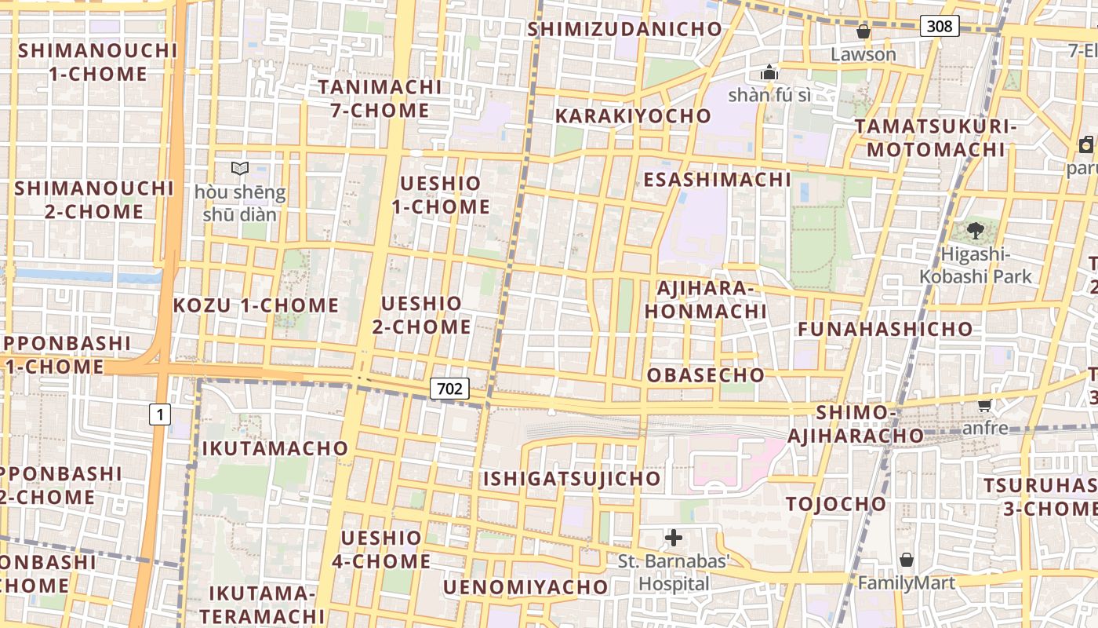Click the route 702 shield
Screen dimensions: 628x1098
449,388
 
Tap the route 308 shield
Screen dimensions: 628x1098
940,27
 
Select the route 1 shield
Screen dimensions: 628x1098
160,414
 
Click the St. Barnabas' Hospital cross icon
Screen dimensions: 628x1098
674,538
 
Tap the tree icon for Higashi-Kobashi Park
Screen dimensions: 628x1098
976,230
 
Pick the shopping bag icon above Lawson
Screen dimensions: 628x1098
863,31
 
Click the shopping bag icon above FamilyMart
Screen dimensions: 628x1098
907,560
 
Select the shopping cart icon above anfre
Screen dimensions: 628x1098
985,405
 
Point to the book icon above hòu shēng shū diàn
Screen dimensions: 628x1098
240,168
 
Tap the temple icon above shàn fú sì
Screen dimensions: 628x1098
769,73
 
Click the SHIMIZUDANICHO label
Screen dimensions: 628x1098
624,29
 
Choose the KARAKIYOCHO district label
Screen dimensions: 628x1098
633,116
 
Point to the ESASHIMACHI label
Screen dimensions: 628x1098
717,180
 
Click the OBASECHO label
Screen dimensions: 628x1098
705,375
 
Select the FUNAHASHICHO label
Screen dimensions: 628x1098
885,329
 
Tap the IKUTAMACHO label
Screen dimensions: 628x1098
274,448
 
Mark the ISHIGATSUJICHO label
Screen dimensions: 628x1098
571,479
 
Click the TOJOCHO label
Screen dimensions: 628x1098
836,504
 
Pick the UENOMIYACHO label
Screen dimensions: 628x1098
525,587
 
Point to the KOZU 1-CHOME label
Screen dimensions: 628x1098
256,305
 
